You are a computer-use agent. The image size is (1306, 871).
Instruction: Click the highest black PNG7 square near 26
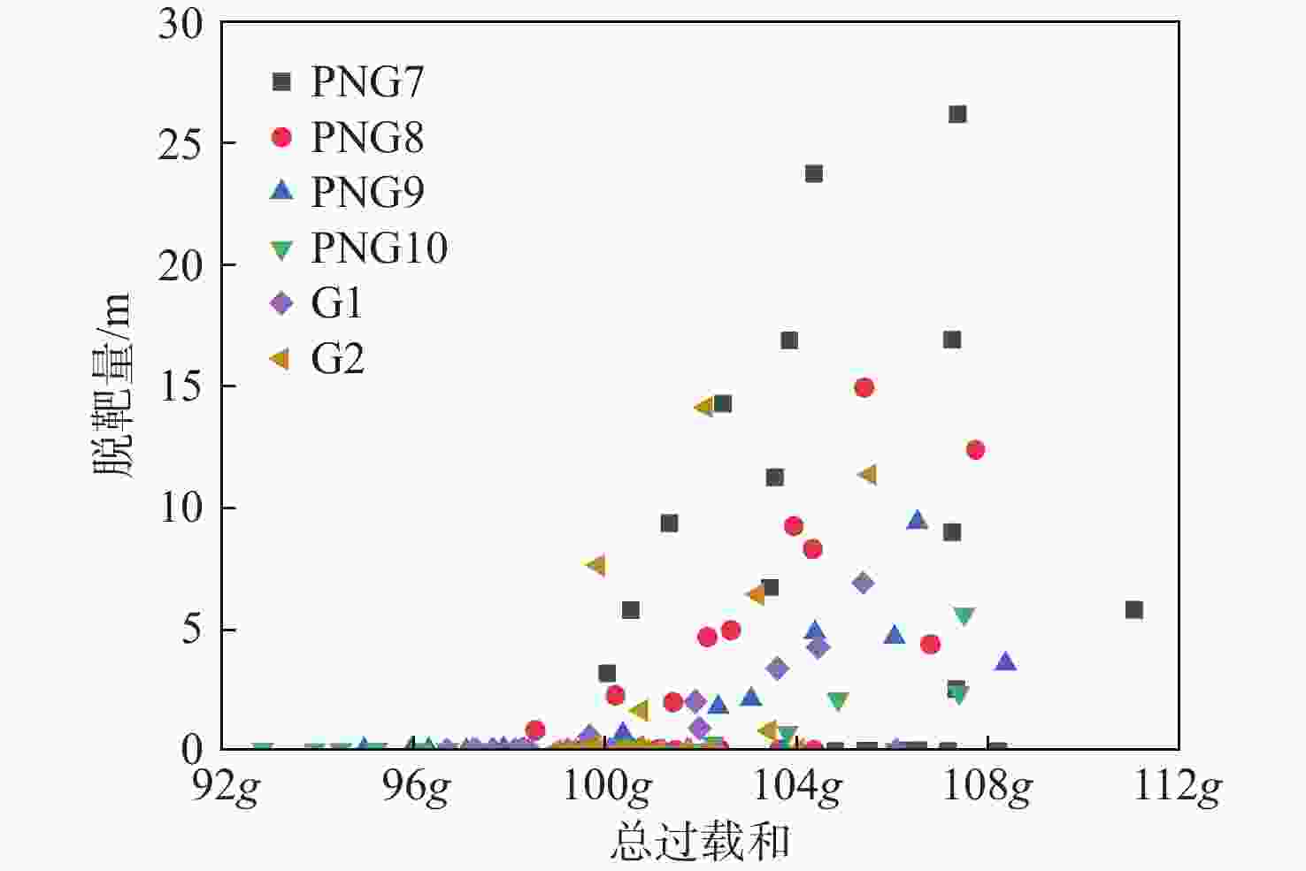point(957,114)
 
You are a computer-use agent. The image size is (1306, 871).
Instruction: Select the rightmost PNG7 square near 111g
point(1134,610)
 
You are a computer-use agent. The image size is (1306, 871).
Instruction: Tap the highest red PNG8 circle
point(864,387)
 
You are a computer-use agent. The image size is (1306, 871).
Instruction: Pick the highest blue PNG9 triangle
point(917,520)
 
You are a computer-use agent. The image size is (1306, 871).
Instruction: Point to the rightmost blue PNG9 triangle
point(1004,661)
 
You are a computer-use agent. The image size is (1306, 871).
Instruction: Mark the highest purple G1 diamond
point(863,583)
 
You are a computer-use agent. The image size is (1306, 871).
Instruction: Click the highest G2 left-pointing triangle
point(704,408)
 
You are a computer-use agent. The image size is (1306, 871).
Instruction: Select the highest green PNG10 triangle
point(964,616)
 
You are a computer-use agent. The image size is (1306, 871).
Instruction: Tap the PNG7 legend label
point(367,82)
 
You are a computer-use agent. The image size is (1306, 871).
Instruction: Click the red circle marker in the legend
point(281,137)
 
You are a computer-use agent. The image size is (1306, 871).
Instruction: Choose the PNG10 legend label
point(379,248)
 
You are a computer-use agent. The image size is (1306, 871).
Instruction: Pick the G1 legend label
point(337,303)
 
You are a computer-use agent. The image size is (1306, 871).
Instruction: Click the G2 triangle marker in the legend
point(280,359)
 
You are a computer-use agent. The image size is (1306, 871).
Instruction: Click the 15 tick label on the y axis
point(181,386)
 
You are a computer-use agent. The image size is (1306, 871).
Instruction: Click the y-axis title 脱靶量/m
point(112,386)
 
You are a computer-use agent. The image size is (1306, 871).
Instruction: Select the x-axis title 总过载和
point(700,841)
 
